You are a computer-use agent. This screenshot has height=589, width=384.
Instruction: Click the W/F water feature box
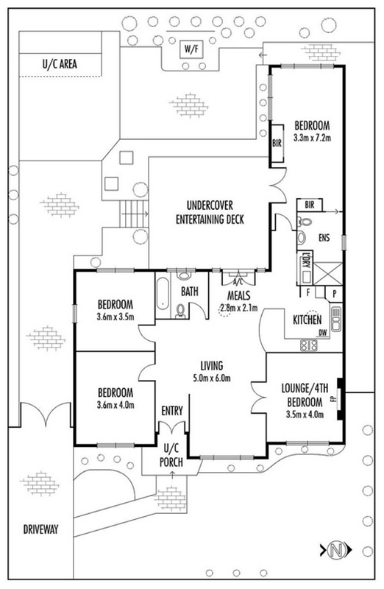(x=191, y=49)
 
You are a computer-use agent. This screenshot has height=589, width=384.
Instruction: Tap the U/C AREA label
(x=60, y=64)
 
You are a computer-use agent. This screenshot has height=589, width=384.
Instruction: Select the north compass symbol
(x=336, y=550)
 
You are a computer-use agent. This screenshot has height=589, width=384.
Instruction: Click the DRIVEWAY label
(x=41, y=529)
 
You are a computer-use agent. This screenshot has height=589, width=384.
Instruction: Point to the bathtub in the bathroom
(x=163, y=293)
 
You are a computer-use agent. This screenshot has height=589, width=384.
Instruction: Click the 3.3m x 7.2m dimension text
(x=313, y=138)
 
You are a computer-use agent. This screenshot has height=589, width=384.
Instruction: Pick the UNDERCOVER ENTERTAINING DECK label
(x=210, y=212)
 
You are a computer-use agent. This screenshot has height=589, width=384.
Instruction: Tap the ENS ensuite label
(x=324, y=237)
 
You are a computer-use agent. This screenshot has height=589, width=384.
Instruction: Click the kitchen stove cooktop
(x=308, y=345)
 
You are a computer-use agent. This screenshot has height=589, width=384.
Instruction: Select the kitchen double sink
(x=336, y=320)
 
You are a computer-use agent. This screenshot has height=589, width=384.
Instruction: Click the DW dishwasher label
(x=322, y=333)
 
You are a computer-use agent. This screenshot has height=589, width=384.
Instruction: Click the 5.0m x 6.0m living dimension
(x=212, y=378)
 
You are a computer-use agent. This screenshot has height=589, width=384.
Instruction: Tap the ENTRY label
(x=172, y=411)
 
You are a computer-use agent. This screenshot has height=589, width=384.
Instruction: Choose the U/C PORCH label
(x=171, y=455)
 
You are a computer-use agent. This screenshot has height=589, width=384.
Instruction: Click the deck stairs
(x=135, y=214)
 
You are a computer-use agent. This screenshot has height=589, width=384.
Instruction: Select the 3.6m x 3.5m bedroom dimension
(x=115, y=317)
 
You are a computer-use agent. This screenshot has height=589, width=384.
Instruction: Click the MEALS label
(x=239, y=295)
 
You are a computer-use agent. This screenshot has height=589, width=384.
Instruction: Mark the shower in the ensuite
(x=327, y=273)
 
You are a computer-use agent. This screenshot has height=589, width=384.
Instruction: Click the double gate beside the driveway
(x=46, y=415)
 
